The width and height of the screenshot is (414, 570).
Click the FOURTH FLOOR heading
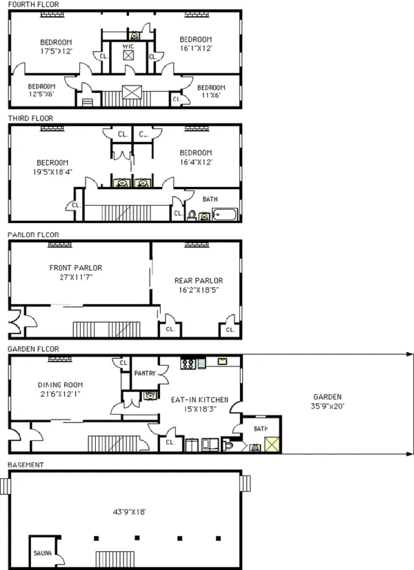point(33,4)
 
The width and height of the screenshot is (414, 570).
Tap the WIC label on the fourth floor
point(128,46)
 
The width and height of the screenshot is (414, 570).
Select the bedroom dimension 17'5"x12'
point(57,51)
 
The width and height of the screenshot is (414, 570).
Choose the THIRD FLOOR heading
point(30,118)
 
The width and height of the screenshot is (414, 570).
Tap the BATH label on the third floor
point(210,199)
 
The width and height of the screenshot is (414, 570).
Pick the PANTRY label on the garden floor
point(145,373)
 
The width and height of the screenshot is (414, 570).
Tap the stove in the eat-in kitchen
point(187,363)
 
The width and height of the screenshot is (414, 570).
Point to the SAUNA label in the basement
point(42,552)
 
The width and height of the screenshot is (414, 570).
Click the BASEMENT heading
point(26,464)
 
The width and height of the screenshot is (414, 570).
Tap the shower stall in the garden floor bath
point(273,445)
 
